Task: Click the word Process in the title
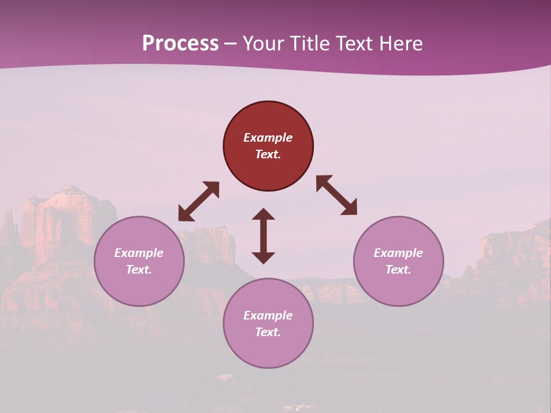click(x=180, y=44)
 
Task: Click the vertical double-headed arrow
click(x=263, y=236)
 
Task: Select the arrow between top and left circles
click(x=199, y=201)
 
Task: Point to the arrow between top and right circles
click(x=336, y=195)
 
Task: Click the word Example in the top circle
click(x=268, y=138)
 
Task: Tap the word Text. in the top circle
click(x=268, y=154)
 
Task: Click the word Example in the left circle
click(x=139, y=253)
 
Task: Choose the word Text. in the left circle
click(x=139, y=270)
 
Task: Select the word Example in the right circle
click(x=398, y=253)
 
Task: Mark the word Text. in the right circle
click(x=398, y=270)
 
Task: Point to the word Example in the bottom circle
click(x=268, y=315)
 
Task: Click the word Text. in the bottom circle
click(x=268, y=332)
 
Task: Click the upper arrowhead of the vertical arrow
click(x=263, y=215)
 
